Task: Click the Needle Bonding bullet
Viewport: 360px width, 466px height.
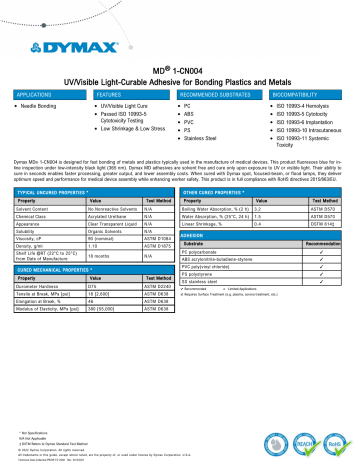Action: (46, 104)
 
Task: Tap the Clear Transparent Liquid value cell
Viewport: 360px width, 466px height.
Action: (109, 225)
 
